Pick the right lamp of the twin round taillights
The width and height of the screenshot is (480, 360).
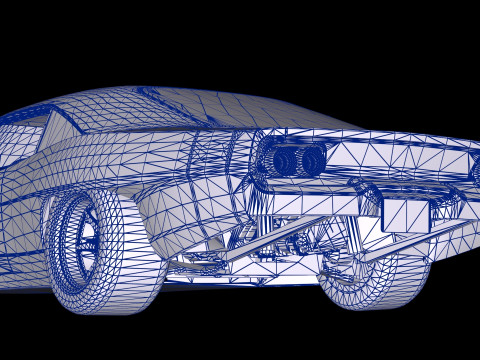(312, 159)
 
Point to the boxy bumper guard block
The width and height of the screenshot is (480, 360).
(405, 211)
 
